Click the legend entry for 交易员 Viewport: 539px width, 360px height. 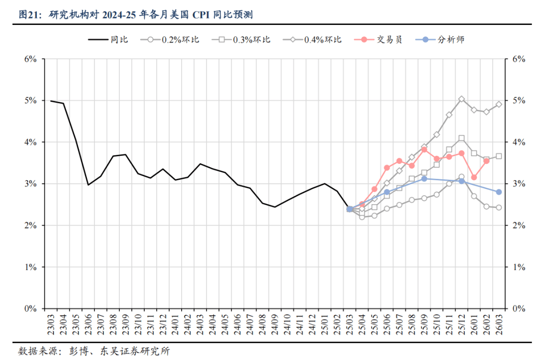(389, 39)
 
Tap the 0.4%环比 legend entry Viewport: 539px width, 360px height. (322, 39)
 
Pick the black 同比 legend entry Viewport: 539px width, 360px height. (119, 39)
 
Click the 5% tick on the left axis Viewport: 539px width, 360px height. (30, 100)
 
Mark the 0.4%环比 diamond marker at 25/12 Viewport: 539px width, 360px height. (462, 99)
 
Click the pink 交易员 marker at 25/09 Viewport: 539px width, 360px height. (424, 149)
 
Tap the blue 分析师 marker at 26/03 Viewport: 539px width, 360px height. (499, 192)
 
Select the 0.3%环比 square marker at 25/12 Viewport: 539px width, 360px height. (462, 138)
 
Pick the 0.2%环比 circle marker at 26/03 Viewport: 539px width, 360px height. (499, 208)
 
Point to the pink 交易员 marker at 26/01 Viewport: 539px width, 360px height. (474, 177)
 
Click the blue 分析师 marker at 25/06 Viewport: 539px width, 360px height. (387, 192)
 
